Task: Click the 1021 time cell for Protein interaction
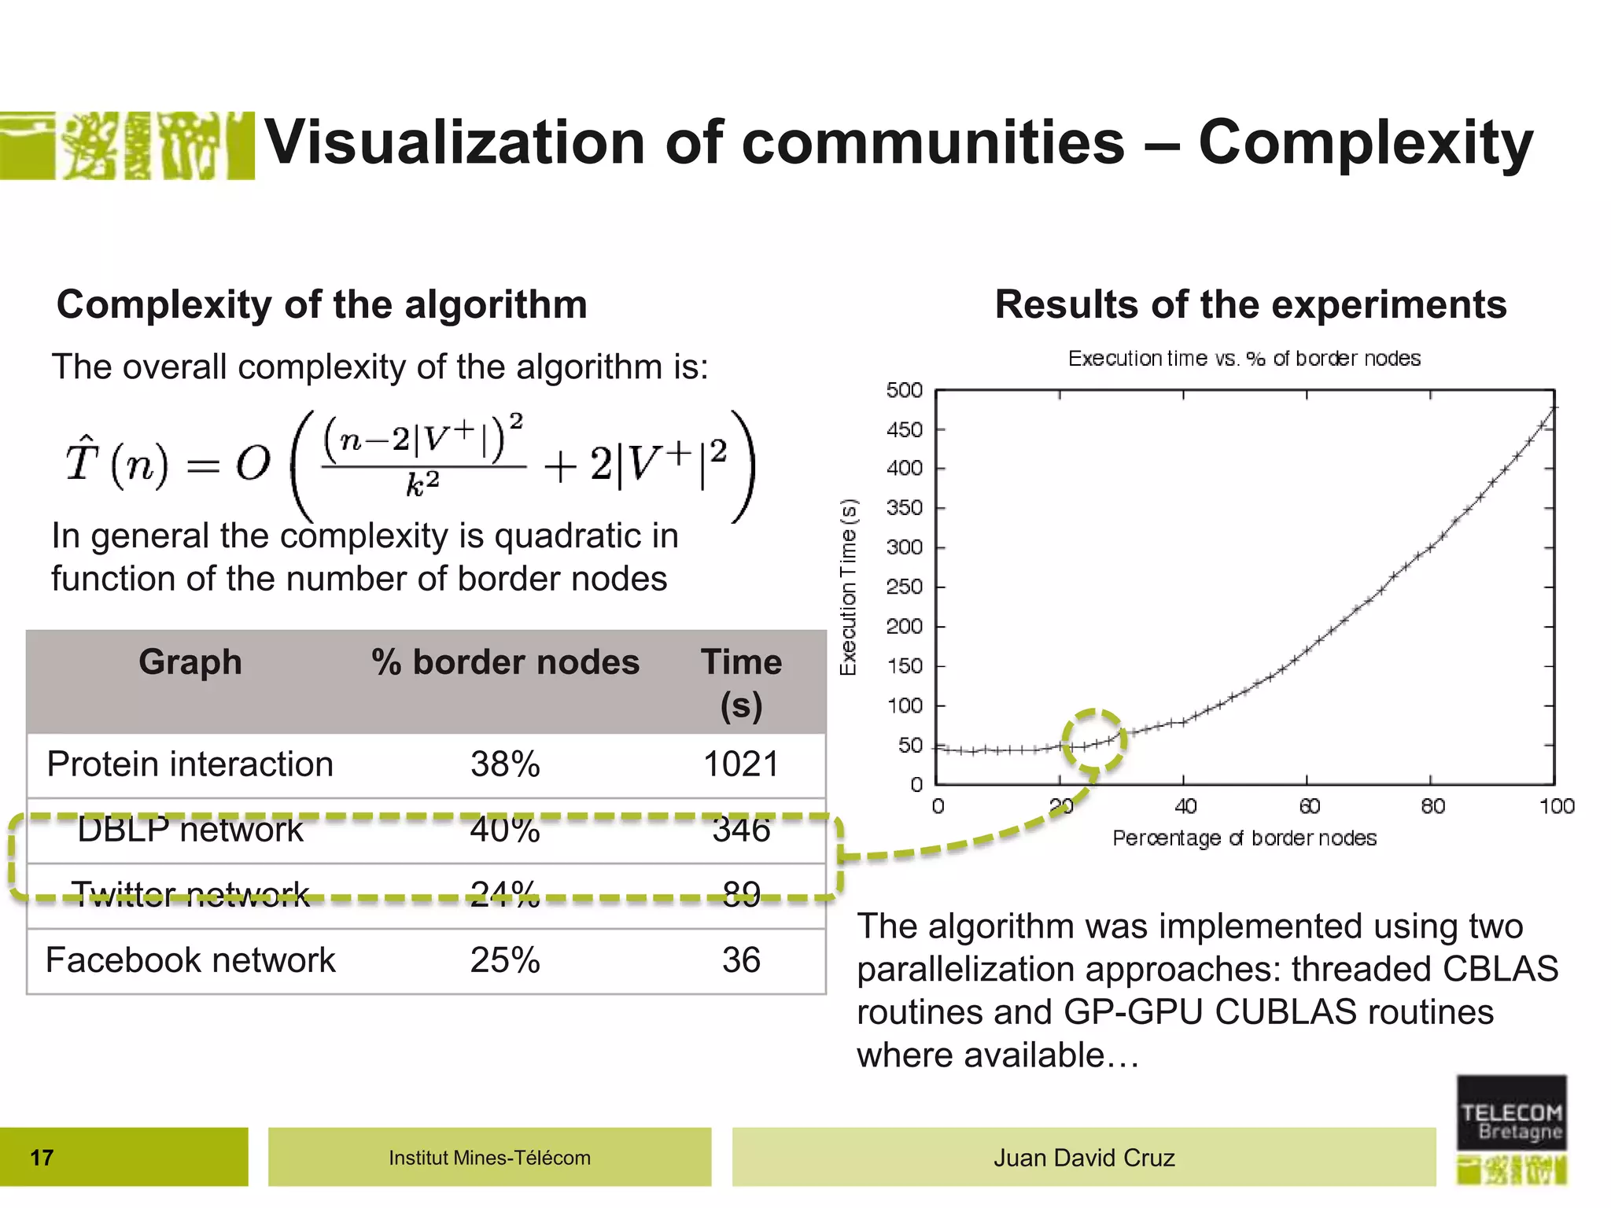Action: pyautogui.click(x=740, y=764)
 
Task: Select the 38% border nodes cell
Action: pyautogui.click(x=505, y=764)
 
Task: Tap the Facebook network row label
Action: pyautogui.click(x=190, y=960)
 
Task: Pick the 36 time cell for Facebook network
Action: pyautogui.click(x=741, y=960)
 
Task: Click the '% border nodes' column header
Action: pyautogui.click(x=505, y=662)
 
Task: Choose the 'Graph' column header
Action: pyautogui.click(x=190, y=662)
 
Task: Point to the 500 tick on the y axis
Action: pyautogui.click(x=905, y=390)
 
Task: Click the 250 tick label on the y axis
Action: pyautogui.click(x=905, y=587)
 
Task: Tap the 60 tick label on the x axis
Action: pyautogui.click(x=1309, y=806)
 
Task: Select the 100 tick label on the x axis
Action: pyautogui.click(x=1557, y=806)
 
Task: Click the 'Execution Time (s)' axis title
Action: pyautogui.click(x=848, y=587)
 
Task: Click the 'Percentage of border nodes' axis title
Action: pyautogui.click(x=1244, y=838)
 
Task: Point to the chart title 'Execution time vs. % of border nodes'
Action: pyautogui.click(x=1244, y=359)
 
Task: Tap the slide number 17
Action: pyautogui.click(x=42, y=1158)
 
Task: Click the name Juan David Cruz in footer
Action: pyautogui.click(x=1084, y=1158)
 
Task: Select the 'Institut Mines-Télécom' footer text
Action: pyautogui.click(x=489, y=1158)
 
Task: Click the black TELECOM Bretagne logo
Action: pyautogui.click(x=1511, y=1113)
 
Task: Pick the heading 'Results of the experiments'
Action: pyautogui.click(x=1251, y=304)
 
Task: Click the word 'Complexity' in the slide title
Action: pyautogui.click(x=1366, y=143)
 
